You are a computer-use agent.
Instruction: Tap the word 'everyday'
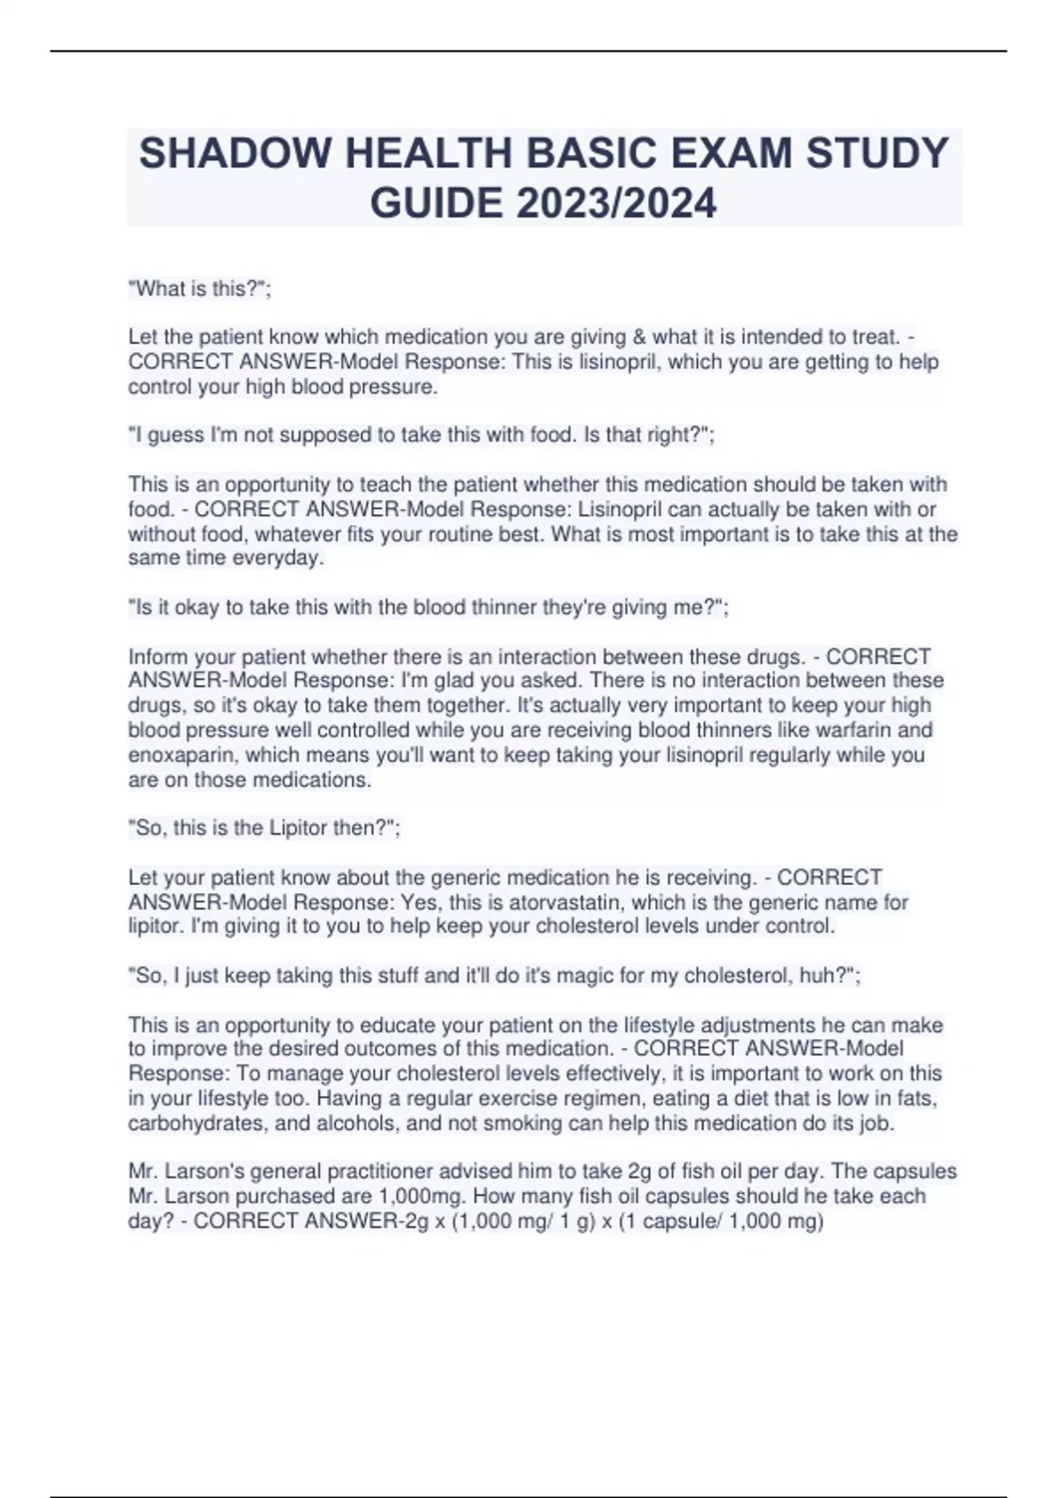tap(278, 558)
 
